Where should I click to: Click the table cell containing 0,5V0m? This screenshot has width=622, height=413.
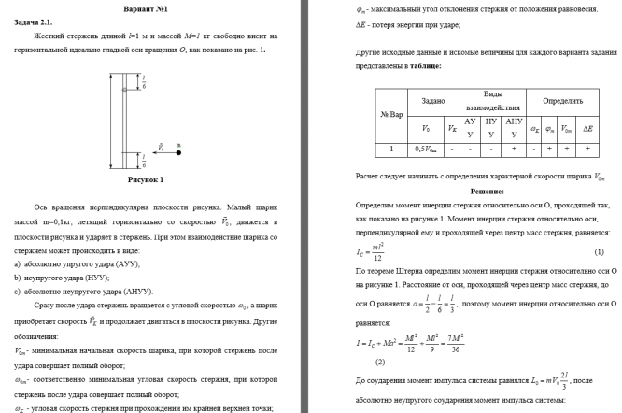428,148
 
